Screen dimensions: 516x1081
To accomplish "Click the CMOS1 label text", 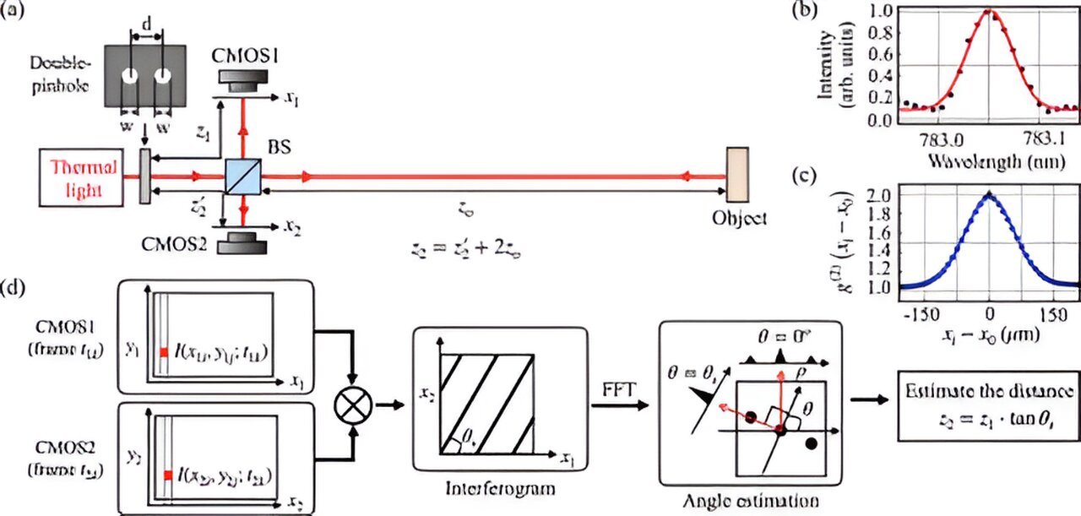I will pyautogui.click(x=248, y=56).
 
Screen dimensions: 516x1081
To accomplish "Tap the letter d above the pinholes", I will pyautogui.click(x=148, y=28).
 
